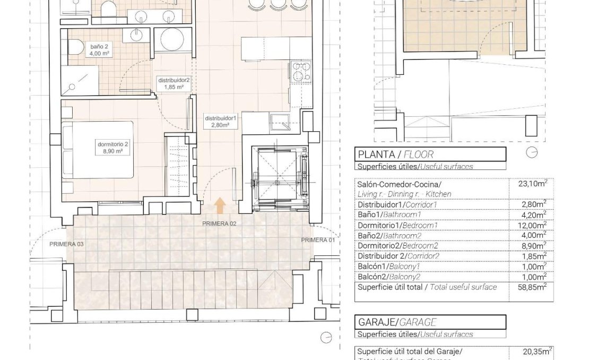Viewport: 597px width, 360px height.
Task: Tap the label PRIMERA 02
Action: pos(219,224)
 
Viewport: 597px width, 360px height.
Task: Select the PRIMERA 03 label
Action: pos(66,244)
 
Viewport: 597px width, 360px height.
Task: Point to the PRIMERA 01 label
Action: pos(318,240)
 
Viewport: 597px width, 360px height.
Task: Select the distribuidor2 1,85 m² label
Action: pos(174,83)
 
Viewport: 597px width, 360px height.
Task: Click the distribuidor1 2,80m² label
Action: pos(220,122)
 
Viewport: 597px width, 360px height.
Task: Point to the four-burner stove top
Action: pos(300,72)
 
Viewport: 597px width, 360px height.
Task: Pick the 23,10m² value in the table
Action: pos(531,184)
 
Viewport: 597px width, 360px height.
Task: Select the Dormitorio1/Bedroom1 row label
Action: pos(396,225)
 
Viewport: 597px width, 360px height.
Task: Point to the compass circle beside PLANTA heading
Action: pos(531,153)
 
